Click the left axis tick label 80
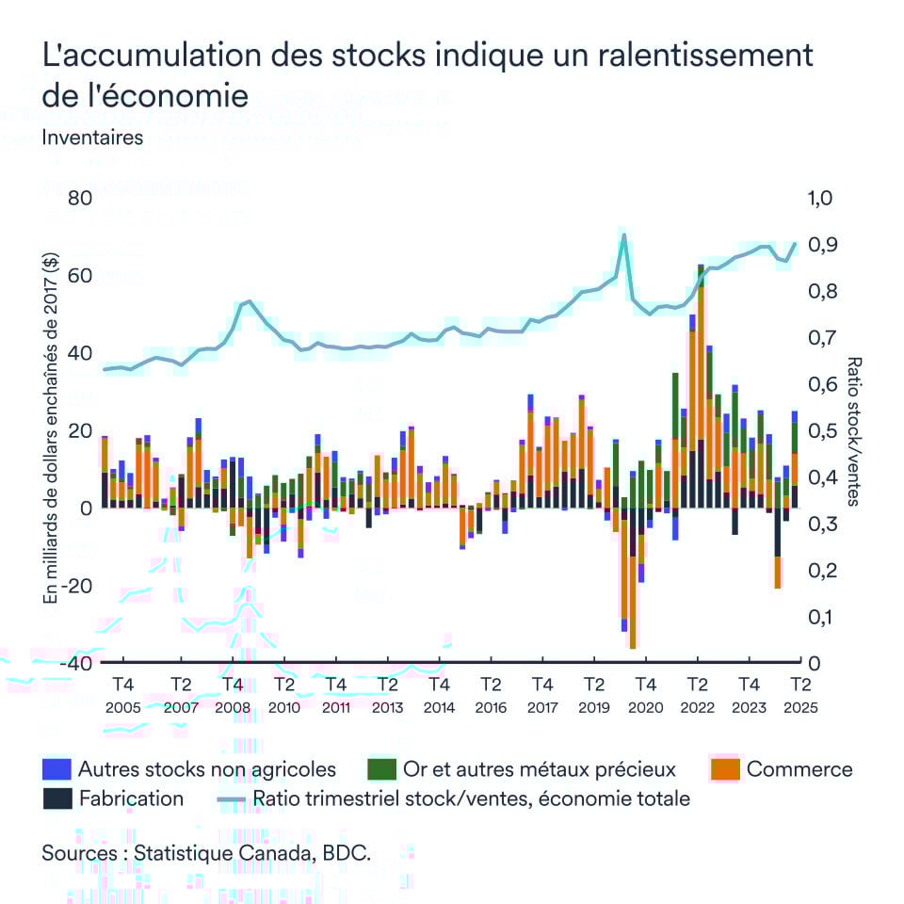[79, 200]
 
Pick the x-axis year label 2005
[122, 708]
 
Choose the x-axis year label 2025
[799, 708]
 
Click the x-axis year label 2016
[491, 708]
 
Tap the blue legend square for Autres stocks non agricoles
[56, 769]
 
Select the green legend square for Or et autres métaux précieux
[379, 769]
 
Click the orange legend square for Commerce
[724, 769]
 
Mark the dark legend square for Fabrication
[56, 799]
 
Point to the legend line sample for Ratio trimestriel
[232, 799]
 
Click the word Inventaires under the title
[92, 137]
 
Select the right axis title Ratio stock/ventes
[853, 431]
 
